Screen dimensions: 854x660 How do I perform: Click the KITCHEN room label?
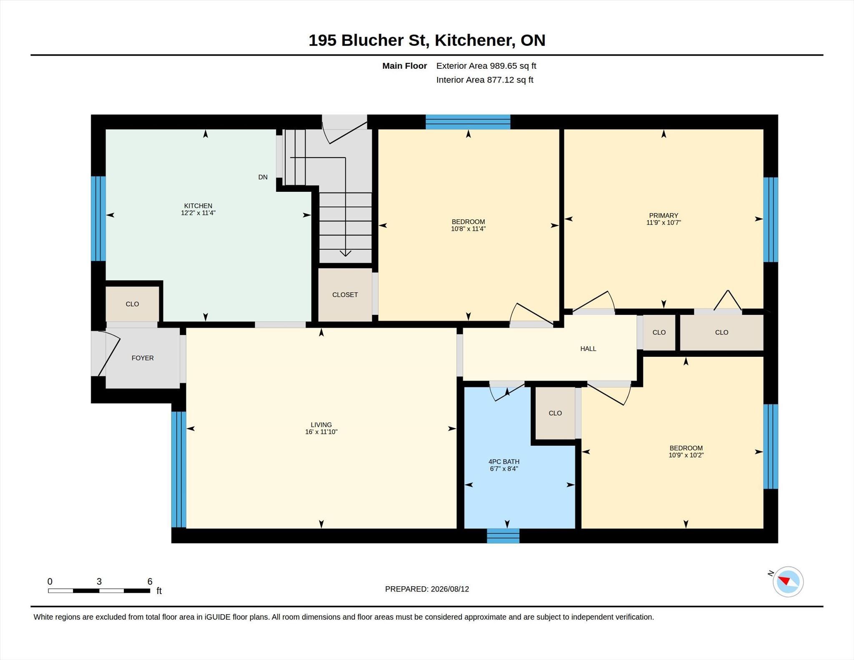coord(198,206)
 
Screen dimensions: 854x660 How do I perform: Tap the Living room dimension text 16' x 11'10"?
coord(321,432)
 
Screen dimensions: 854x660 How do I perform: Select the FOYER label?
coord(143,358)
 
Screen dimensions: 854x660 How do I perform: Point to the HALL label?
coord(588,349)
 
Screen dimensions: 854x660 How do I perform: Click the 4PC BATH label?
coord(504,462)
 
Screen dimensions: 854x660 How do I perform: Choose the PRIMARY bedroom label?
coord(663,216)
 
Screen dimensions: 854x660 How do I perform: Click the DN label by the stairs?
coord(263,177)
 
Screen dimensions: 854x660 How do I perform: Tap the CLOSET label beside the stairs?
coord(345,295)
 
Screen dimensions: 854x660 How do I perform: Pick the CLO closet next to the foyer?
coord(132,304)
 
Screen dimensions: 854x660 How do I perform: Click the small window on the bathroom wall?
coord(503,536)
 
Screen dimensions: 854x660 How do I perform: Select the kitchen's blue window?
coord(98,218)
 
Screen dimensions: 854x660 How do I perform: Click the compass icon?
coord(788,582)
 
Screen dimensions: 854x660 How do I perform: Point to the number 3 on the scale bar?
coord(99,581)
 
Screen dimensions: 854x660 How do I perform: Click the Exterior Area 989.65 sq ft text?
coord(486,66)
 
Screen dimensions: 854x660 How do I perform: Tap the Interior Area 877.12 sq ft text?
coord(485,80)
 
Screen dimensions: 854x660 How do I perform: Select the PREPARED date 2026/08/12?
coord(450,589)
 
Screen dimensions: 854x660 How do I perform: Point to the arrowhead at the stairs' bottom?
coord(345,253)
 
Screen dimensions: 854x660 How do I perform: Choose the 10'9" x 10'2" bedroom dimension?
coord(686,455)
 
